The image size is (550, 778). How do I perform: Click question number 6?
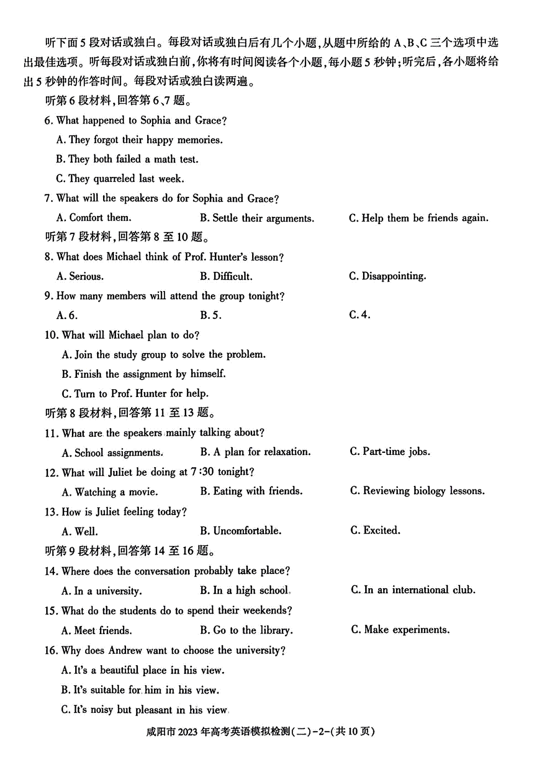coord(48,121)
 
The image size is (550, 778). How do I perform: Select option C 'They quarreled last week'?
coord(120,179)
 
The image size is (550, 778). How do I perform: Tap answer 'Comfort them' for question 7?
coord(94,218)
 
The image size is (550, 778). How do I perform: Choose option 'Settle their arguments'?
coord(257,218)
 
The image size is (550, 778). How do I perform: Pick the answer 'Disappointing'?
coord(387,276)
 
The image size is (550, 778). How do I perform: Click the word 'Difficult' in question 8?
coord(232,276)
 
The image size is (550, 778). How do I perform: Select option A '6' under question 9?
coord(67,315)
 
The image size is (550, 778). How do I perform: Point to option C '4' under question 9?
coord(360,315)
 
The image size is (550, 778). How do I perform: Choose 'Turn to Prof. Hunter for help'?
coord(135,394)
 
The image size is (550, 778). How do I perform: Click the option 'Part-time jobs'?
coord(390,452)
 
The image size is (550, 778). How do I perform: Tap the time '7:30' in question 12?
coord(203,472)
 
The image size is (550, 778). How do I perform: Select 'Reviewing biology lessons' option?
coord(418,491)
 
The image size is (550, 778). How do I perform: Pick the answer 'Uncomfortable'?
coord(241,531)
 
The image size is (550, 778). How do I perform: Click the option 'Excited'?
coord(375,531)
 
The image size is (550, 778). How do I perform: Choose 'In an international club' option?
coord(413,590)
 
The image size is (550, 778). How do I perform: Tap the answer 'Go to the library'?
coord(247,630)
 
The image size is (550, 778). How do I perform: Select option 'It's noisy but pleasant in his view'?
coord(144,710)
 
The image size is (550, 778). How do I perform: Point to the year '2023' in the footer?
coord(188,732)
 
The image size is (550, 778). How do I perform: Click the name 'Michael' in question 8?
coord(124,257)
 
